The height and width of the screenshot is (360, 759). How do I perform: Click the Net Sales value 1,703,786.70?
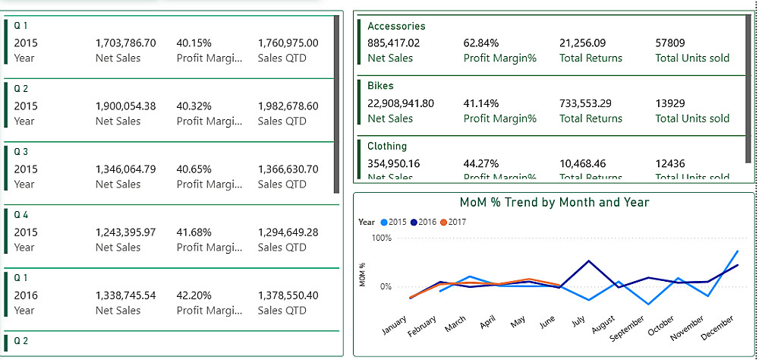[125, 43]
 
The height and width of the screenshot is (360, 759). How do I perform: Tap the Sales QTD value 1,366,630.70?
[288, 169]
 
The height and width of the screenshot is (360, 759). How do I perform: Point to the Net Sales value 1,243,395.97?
[125, 232]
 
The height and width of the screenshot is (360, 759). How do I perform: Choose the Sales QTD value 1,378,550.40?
[288, 295]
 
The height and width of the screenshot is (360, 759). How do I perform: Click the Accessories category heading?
[396, 26]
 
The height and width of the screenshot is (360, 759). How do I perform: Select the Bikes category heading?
[380, 86]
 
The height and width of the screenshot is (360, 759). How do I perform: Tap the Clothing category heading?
[387, 146]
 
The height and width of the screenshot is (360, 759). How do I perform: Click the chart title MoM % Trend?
[554, 203]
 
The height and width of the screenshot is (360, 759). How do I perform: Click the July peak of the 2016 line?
[589, 261]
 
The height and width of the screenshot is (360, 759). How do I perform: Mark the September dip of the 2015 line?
[648, 305]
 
